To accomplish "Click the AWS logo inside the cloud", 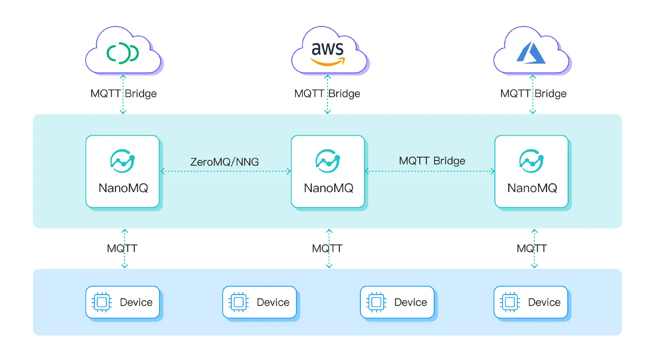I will click(x=327, y=53).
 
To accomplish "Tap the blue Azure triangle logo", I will click(x=531, y=53).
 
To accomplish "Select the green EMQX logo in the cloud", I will click(x=123, y=53).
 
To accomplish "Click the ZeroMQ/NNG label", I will click(x=224, y=162).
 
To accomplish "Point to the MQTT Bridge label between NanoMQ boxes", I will click(x=432, y=161).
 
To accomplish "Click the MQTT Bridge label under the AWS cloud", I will click(x=327, y=93).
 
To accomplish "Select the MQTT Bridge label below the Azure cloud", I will click(x=533, y=93).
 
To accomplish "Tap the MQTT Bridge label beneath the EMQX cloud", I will click(x=123, y=93).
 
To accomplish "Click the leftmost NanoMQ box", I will click(x=123, y=172).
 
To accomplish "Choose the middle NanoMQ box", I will click(x=328, y=172).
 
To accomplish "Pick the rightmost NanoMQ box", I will click(x=531, y=172).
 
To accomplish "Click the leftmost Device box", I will click(x=123, y=302).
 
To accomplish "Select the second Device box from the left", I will click(x=260, y=302).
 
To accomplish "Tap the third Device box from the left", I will click(x=397, y=302).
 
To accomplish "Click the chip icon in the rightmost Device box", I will click(x=510, y=302).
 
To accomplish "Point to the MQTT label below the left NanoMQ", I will click(x=122, y=248).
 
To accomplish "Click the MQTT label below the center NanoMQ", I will click(x=327, y=248).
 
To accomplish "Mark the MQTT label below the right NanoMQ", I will click(x=532, y=248).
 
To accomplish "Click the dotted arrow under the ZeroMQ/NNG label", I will click(x=226, y=172).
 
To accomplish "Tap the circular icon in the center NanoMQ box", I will click(x=327, y=161).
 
